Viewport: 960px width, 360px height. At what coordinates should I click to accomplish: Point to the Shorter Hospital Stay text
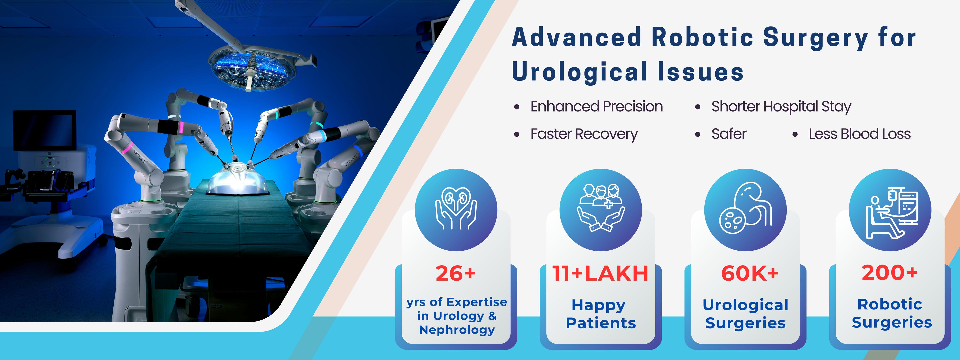pyautogui.click(x=781, y=107)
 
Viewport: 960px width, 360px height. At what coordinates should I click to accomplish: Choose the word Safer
pyautogui.click(x=729, y=134)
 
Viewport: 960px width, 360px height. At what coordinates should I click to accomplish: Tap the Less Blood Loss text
pyautogui.click(x=860, y=134)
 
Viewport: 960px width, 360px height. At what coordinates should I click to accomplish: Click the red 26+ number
pyautogui.click(x=456, y=273)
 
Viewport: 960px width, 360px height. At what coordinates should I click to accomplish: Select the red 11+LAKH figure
pyautogui.click(x=600, y=273)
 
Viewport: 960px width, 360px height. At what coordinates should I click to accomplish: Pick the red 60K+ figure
pyautogui.click(x=750, y=273)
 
